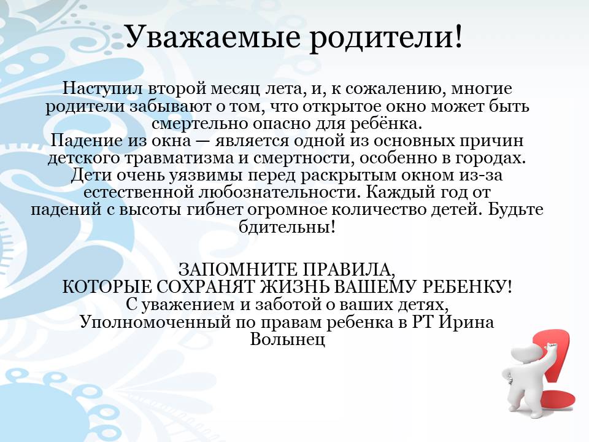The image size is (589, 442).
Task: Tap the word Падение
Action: [x=86, y=141]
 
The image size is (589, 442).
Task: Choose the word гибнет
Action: [x=215, y=209]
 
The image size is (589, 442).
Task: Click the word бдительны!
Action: [x=287, y=227]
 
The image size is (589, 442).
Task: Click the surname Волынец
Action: [x=287, y=339]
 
